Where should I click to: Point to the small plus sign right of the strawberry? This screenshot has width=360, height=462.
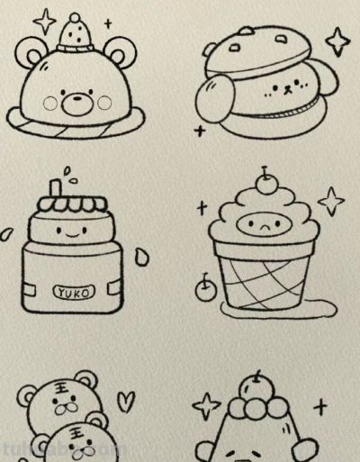pyautogui.click(x=108, y=23)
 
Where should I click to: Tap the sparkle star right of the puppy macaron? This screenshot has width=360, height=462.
pyautogui.click(x=337, y=41)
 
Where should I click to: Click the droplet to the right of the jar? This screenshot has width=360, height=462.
pyautogui.click(x=140, y=258)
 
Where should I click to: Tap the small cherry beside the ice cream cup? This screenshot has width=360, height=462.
pyautogui.click(x=204, y=288)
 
